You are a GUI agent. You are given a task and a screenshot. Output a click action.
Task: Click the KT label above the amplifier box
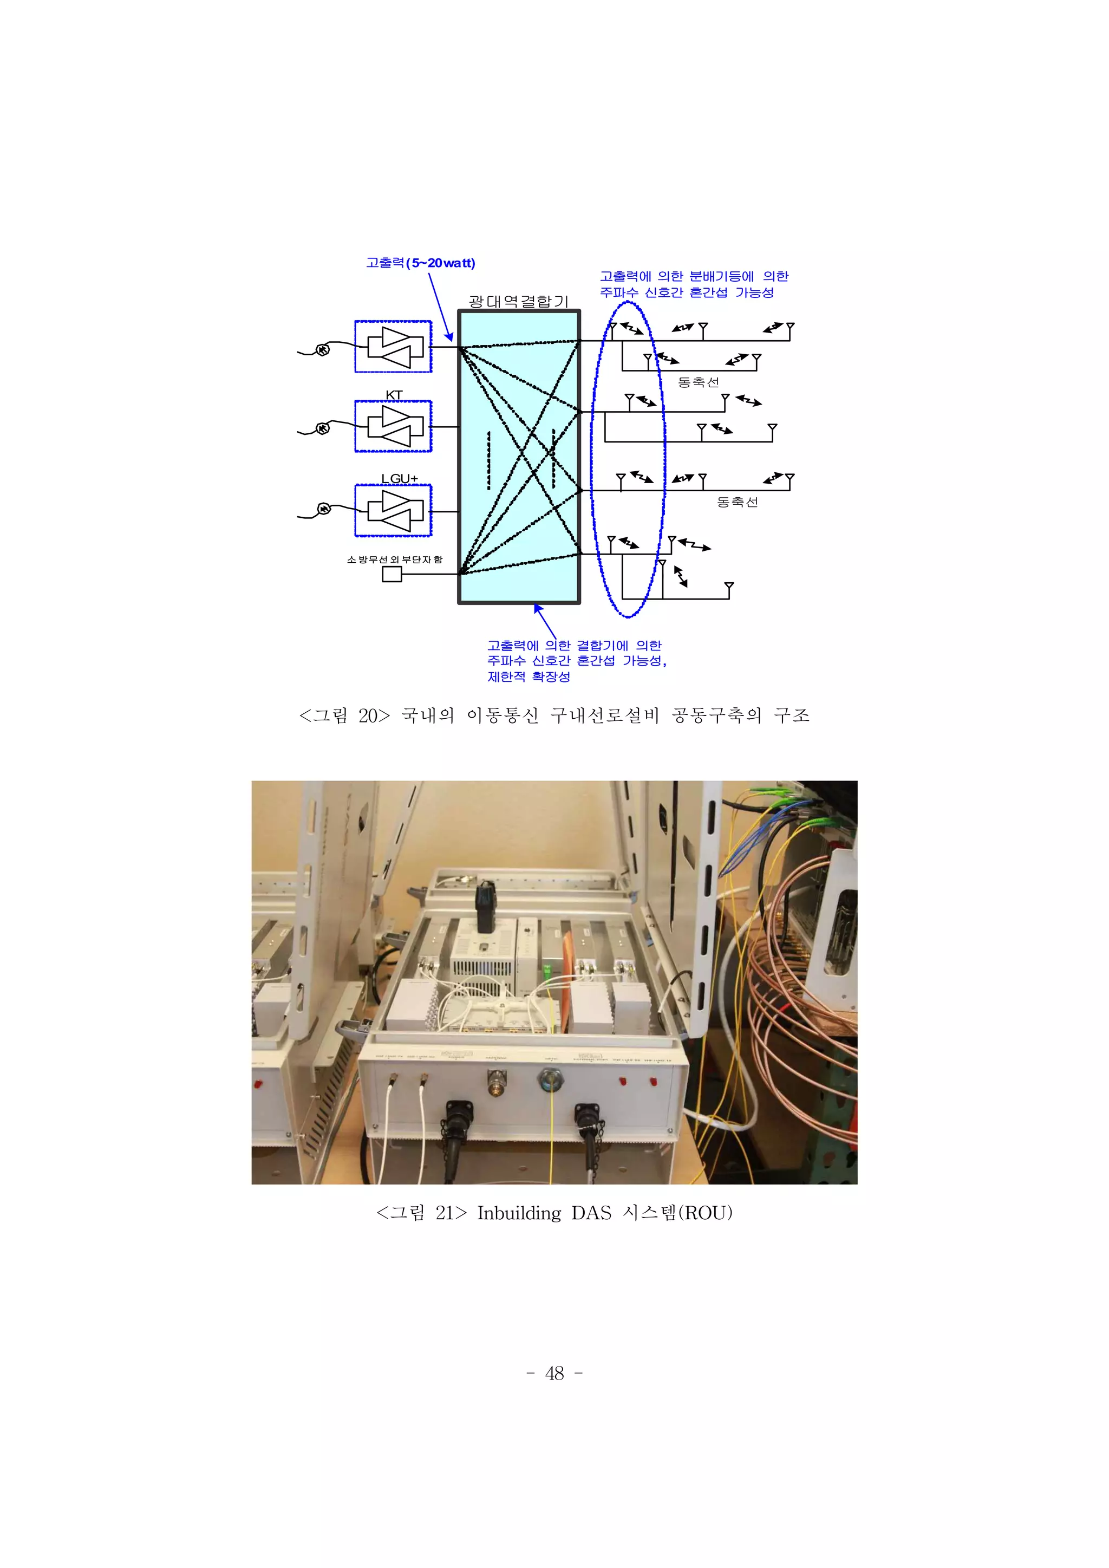[394, 395]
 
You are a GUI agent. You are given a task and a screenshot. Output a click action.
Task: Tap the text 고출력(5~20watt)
[420, 263]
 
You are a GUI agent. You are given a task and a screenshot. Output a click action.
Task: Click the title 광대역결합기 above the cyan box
[518, 301]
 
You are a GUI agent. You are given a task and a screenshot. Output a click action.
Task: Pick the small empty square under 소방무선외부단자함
[392, 574]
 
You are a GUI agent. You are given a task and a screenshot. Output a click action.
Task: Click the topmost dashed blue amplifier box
[393, 346]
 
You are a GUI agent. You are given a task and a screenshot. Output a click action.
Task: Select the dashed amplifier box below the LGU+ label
[393, 510]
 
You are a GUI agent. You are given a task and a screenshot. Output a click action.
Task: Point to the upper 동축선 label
[698, 382]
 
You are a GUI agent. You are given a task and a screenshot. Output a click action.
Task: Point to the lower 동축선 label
[737, 502]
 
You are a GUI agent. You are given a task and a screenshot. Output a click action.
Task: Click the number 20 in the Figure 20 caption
[369, 715]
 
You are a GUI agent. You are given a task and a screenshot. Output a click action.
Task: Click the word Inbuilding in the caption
[518, 1213]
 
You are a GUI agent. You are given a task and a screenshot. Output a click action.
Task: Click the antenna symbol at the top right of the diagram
[790, 330]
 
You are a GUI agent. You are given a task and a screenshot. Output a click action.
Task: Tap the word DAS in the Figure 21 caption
[591, 1213]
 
